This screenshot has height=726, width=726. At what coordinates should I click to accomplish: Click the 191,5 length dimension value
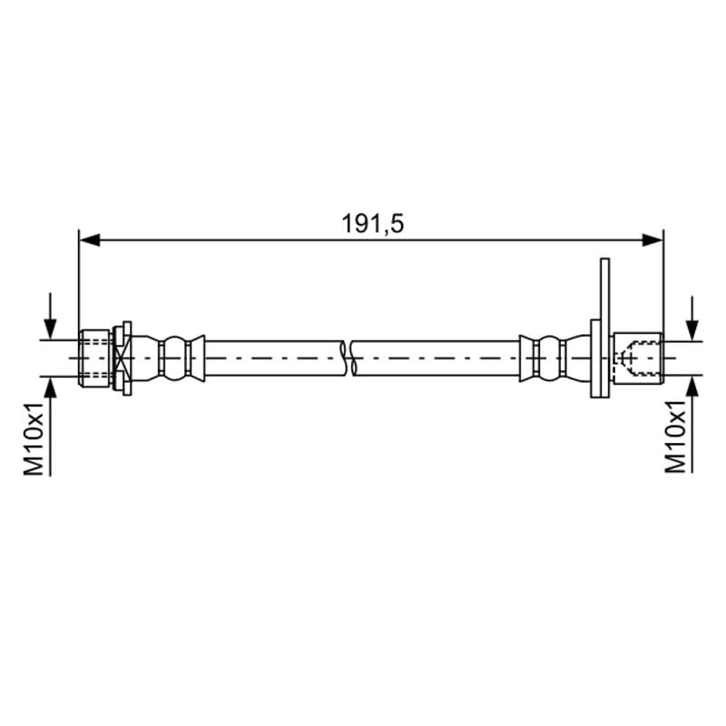(x=373, y=223)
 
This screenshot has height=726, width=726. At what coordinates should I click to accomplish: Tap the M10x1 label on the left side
(x=34, y=439)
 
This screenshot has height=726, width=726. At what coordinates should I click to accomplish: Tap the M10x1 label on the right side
(x=675, y=437)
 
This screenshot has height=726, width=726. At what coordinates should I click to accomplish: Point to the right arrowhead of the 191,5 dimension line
(x=652, y=240)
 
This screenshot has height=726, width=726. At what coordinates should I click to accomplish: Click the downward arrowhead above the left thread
(x=50, y=329)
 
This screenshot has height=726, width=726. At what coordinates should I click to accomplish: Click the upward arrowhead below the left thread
(x=50, y=388)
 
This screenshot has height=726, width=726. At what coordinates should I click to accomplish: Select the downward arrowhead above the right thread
(x=692, y=331)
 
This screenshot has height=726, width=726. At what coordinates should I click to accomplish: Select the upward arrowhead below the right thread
(x=692, y=385)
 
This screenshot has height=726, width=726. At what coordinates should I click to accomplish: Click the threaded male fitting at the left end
(x=95, y=358)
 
